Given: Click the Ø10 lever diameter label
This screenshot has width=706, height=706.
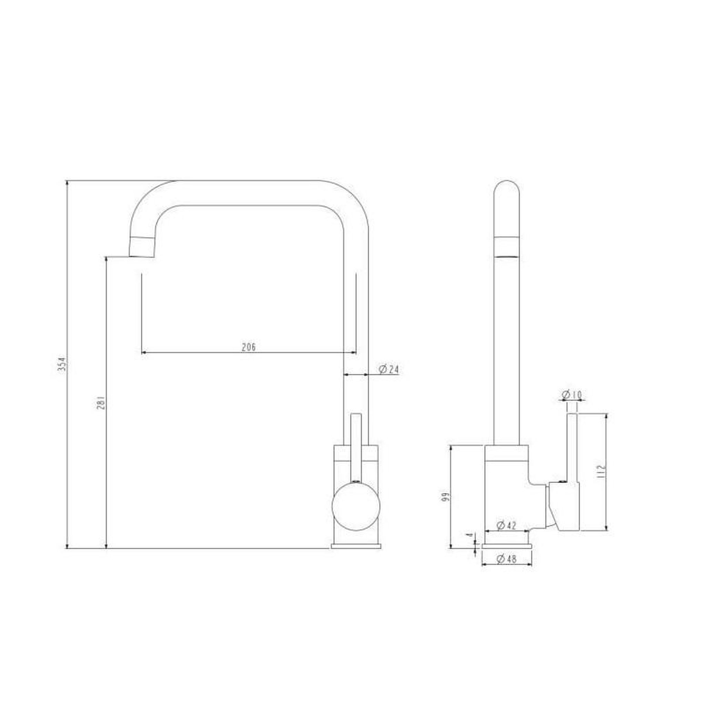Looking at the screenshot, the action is point(572,395).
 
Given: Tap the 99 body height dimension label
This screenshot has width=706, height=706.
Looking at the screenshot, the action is point(445,498).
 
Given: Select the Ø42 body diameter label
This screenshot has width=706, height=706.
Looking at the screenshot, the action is point(506,525).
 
